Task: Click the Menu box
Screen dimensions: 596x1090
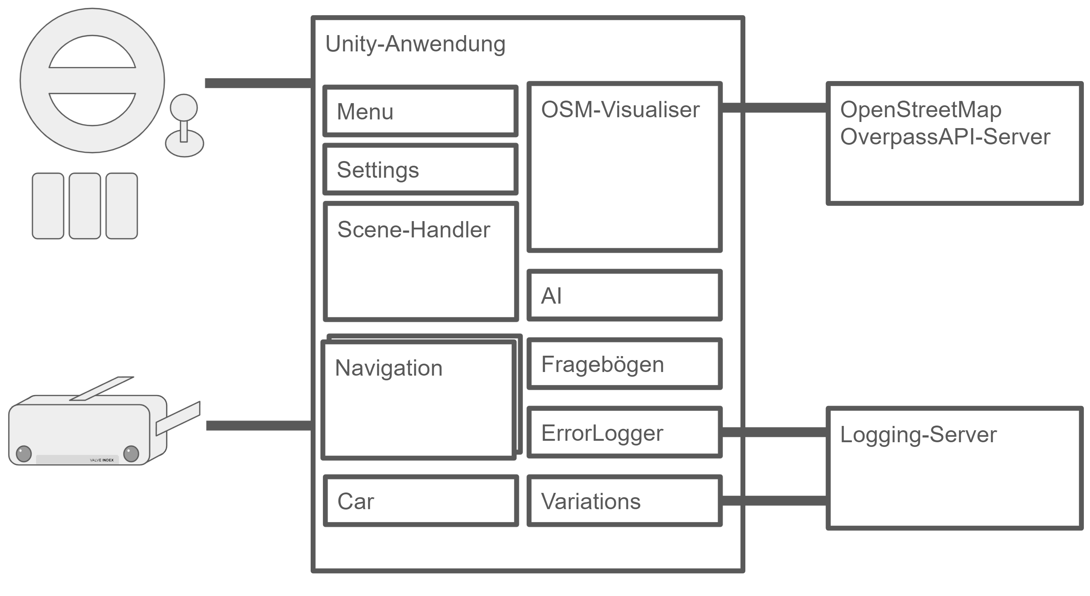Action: pyautogui.click(x=420, y=111)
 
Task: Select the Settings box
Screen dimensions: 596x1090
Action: pyautogui.click(x=420, y=169)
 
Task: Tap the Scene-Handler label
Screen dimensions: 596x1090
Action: pyautogui.click(x=413, y=230)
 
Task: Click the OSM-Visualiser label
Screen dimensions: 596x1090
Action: pyautogui.click(x=620, y=110)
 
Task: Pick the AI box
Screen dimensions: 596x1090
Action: pyautogui.click(x=624, y=295)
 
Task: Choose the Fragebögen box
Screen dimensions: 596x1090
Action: pyautogui.click(x=624, y=364)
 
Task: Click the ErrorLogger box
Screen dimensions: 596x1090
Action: pyautogui.click(x=624, y=432)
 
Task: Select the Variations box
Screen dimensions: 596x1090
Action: pyautogui.click(x=624, y=501)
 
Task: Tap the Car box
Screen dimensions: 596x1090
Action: pyautogui.click(x=420, y=501)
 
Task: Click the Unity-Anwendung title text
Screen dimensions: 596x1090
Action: pyautogui.click(x=415, y=44)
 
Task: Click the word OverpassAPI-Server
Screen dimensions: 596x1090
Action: pyautogui.click(x=945, y=137)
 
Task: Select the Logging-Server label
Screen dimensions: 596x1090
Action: pyautogui.click(x=918, y=435)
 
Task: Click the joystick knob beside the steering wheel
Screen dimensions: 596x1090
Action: pyautogui.click(x=184, y=107)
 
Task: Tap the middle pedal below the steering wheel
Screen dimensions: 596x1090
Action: pyautogui.click(x=85, y=206)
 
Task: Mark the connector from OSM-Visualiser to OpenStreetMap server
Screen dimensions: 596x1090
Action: pyautogui.click(x=774, y=108)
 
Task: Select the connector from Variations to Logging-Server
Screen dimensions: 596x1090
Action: pyautogui.click(x=774, y=500)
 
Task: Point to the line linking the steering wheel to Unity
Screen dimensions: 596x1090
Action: pyautogui.click(x=258, y=83)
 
